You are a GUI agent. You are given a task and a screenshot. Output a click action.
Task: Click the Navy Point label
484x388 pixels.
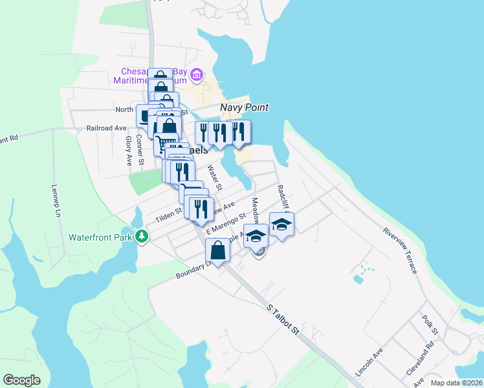244,108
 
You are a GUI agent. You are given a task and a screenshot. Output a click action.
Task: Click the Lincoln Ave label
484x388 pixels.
369,361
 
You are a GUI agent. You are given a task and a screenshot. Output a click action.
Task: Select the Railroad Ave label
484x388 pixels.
106,128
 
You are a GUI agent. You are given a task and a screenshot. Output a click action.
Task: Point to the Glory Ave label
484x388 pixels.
129,149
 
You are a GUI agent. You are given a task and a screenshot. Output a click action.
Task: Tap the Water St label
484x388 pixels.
214,178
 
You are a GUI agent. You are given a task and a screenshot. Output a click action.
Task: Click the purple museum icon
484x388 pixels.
199,76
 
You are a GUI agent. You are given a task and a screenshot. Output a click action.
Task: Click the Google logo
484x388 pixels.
21,380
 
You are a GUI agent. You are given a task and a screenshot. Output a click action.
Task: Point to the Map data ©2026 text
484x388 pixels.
456,383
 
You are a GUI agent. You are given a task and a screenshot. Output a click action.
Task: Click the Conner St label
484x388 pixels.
140,148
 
